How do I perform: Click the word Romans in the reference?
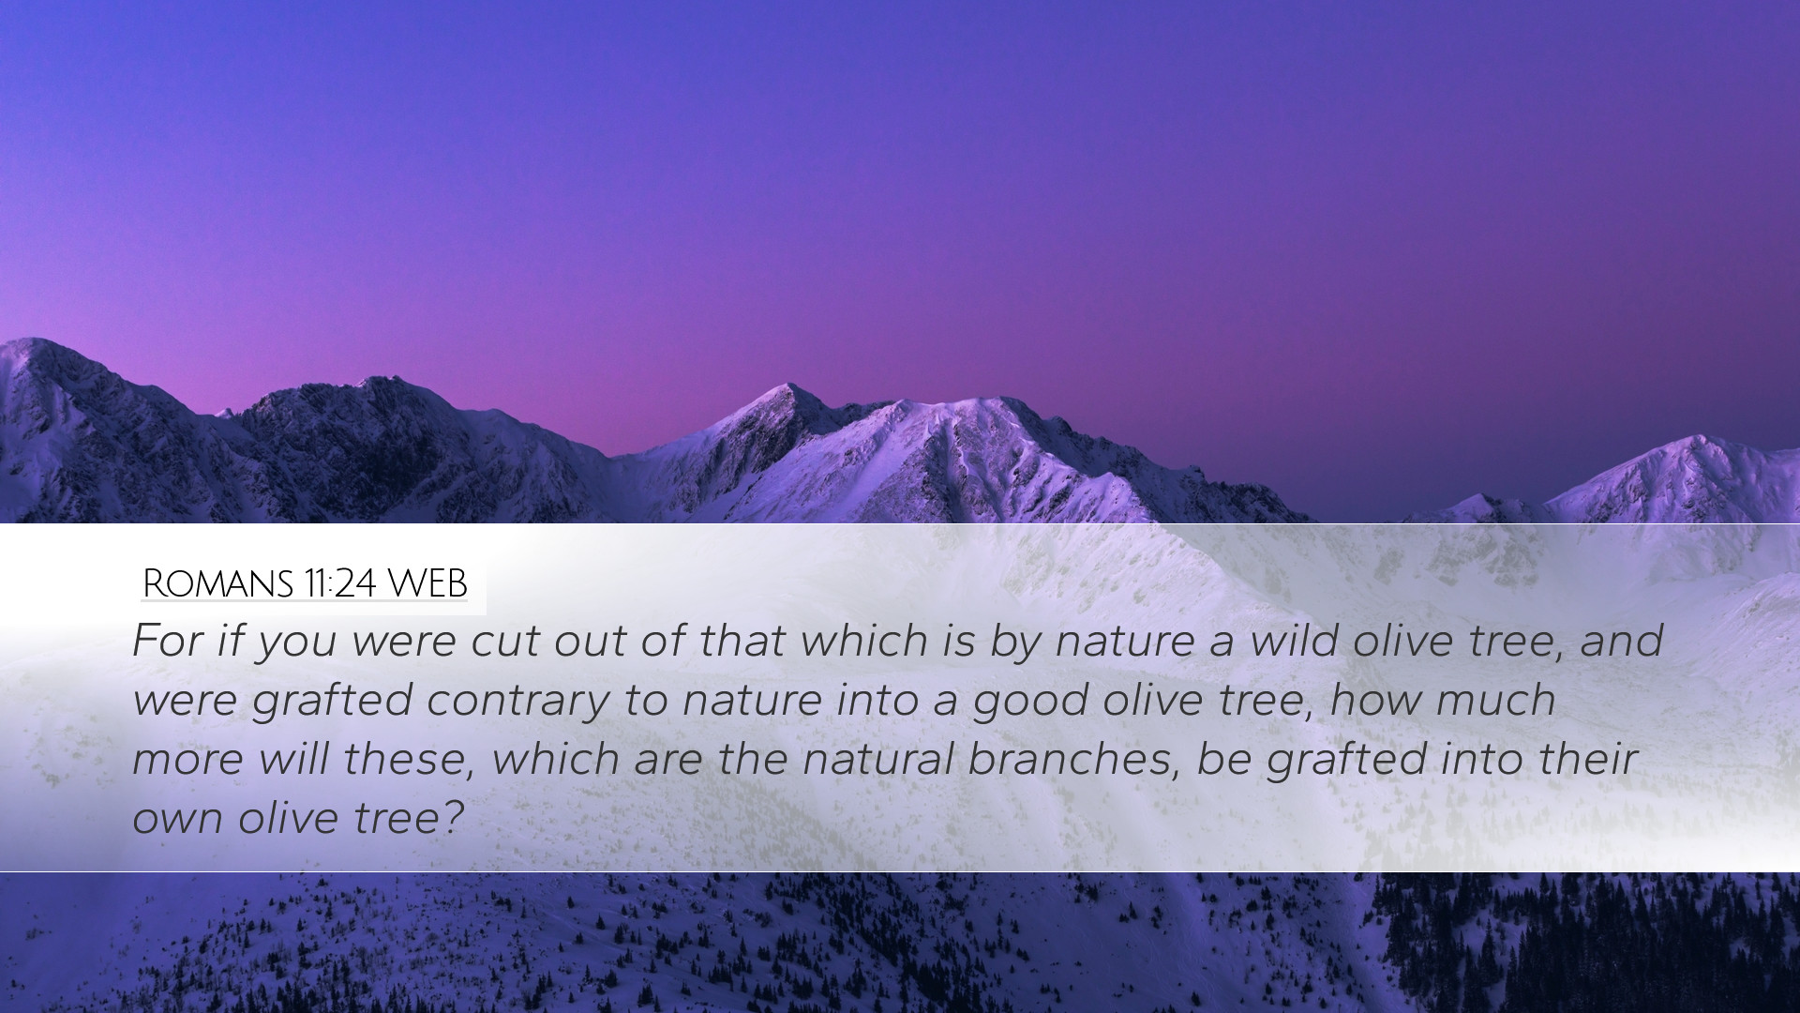coord(217,583)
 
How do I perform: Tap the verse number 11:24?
coord(339,583)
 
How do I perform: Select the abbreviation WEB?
coord(427,583)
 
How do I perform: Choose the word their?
coord(1588,759)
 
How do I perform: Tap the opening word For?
coord(166,641)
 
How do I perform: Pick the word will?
coord(294,759)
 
